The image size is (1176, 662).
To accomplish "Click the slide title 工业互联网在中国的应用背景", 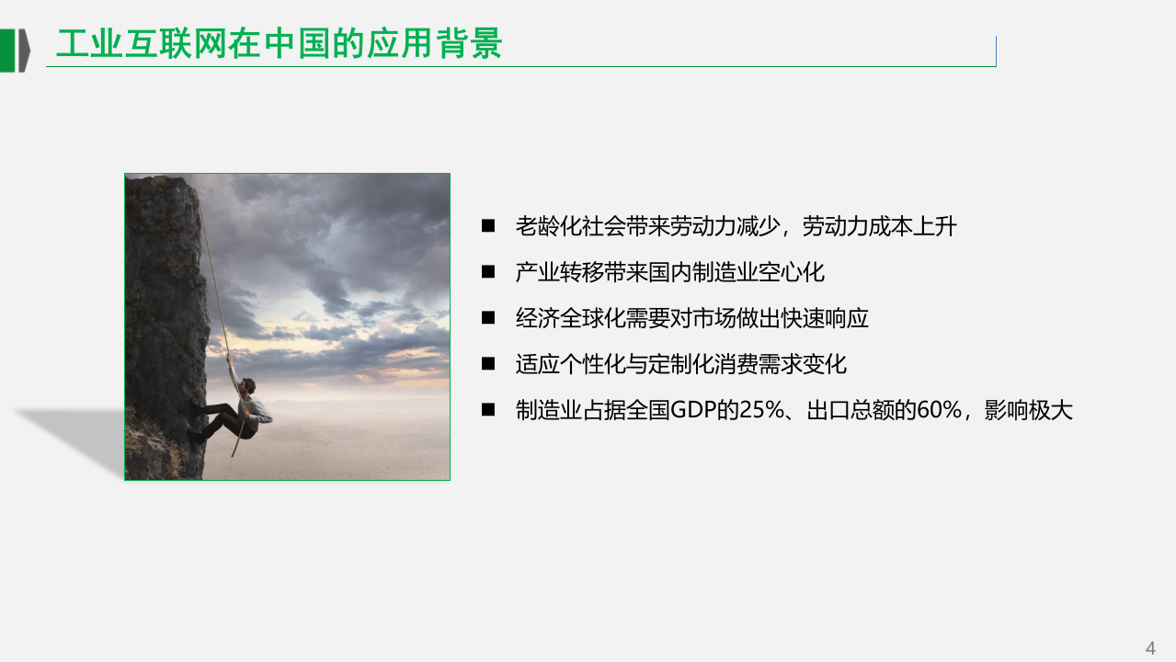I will (279, 44).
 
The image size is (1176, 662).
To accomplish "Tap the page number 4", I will (1150, 647).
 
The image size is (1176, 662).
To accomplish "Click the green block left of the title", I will (7, 50).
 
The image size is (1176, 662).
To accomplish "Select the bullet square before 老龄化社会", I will (488, 226).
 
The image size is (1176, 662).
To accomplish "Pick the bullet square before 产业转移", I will (488, 272).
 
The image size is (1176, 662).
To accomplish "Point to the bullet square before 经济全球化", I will (488, 318).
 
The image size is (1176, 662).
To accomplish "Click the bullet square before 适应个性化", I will (488, 364).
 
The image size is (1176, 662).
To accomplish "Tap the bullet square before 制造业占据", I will (488, 410).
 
